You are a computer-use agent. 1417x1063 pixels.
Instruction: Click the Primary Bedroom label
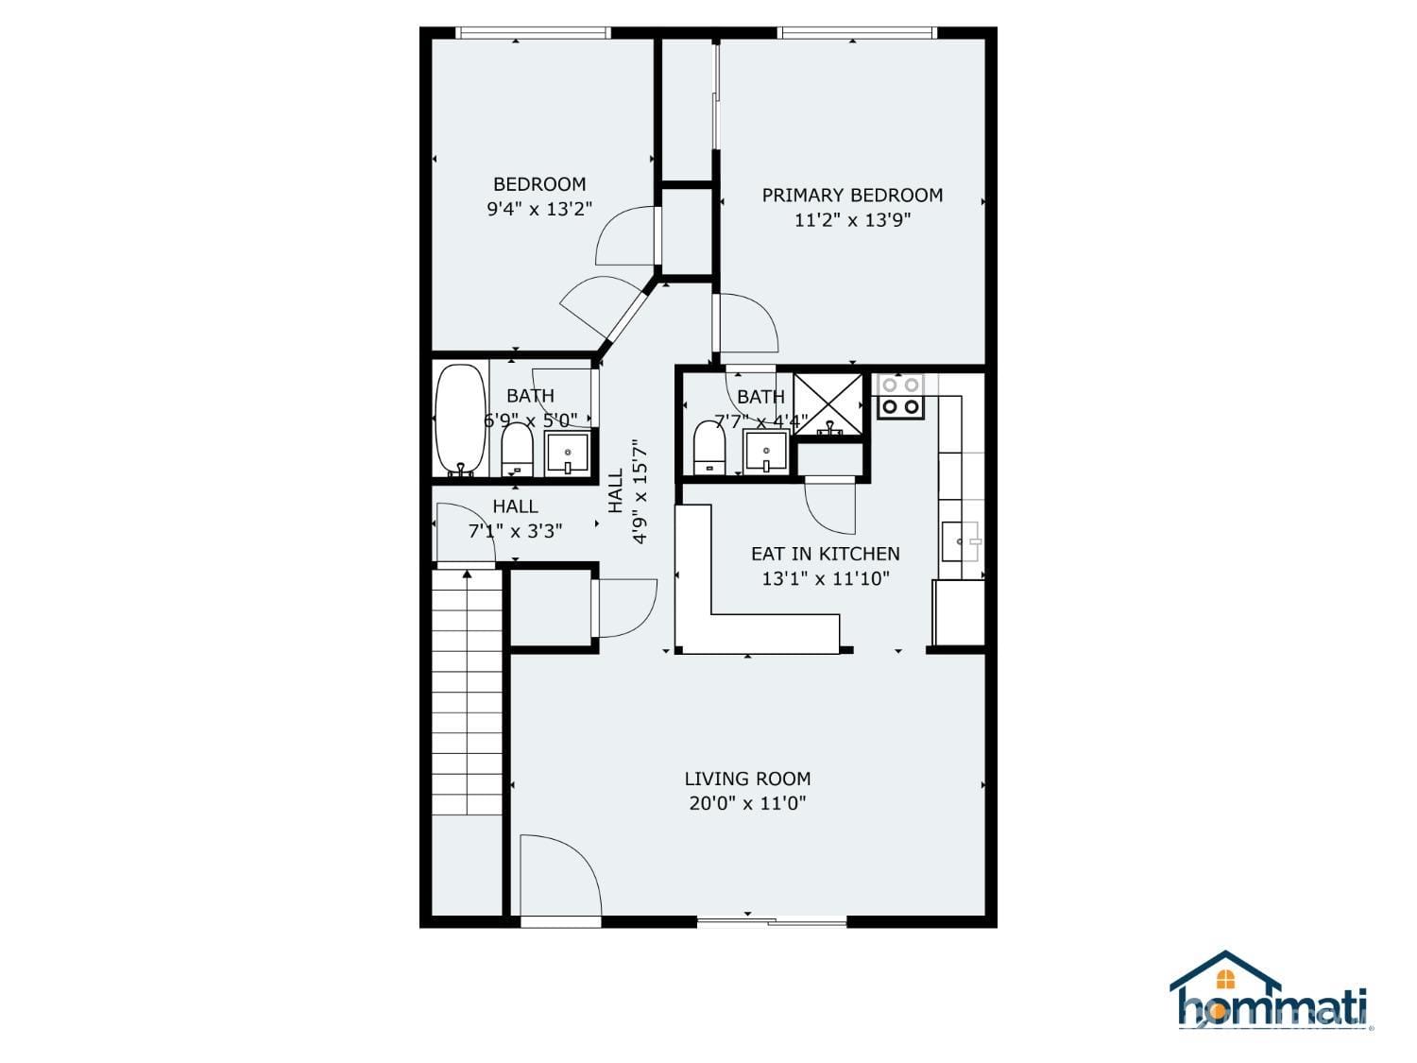pyautogui.click(x=851, y=195)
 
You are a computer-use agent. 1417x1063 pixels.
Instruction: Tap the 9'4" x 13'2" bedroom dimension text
pyautogui.click(x=539, y=209)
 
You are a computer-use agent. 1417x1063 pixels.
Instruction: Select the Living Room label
pyautogui.click(x=747, y=779)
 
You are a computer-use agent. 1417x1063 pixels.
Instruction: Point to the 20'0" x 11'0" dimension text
pyautogui.click(x=747, y=803)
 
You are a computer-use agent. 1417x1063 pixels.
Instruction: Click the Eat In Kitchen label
pyautogui.click(x=825, y=554)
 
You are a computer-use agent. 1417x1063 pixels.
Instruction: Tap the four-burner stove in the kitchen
pyautogui.click(x=900, y=396)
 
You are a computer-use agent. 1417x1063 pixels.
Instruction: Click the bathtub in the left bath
pyautogui.click(x=460, y=420)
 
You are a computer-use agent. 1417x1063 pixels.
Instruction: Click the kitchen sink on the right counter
pyautogui.click(x=961, y=541)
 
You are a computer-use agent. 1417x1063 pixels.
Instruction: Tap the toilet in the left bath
pyautogui.click(x=517, y=449)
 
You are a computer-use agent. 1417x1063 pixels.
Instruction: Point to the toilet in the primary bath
pyautogui.click(x=709, y=447)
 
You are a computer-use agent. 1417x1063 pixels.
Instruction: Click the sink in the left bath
pyautogui.click(x=567, y=454)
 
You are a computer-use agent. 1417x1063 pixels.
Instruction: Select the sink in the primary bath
pyautogui.click(x=765, y=452)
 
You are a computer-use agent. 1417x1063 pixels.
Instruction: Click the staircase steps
pyautogui.click(x=466, y=692)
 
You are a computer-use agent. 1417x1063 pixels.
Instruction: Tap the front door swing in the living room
pyautogui.click(x=560, y=875)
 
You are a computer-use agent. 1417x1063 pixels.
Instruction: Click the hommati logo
pyautogui.click(x=1271, y=994)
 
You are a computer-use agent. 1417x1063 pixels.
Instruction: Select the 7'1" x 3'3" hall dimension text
pyautogui.click(x=515, y=531)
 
